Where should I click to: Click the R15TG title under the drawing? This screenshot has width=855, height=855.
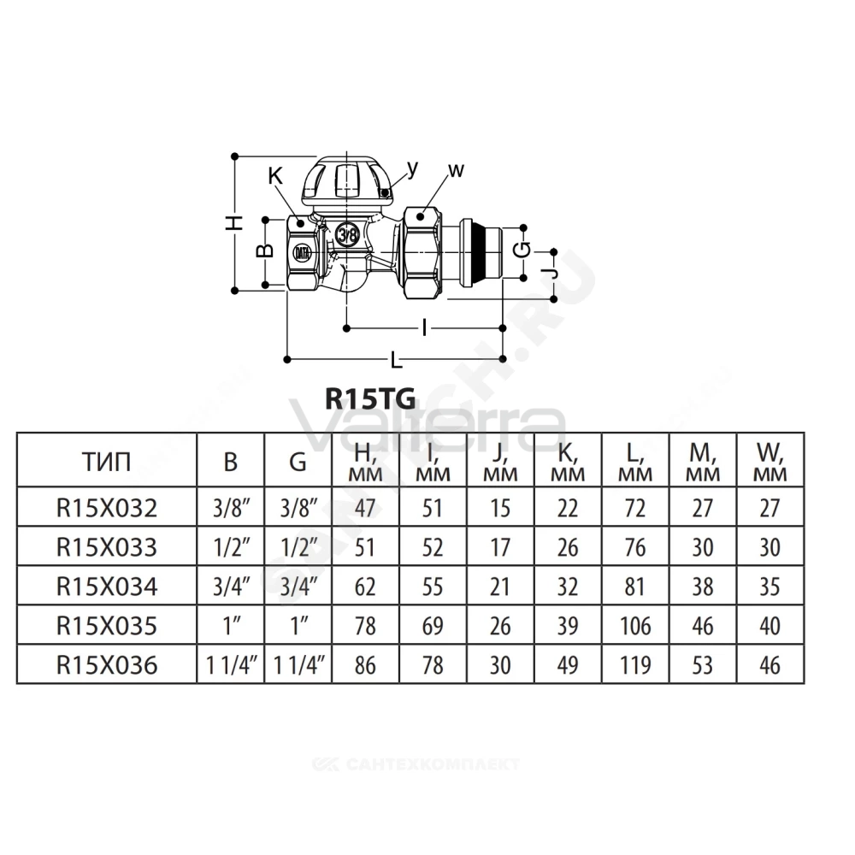370,398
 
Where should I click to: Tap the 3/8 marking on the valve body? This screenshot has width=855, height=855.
347,236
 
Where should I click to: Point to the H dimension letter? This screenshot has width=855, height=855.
234,222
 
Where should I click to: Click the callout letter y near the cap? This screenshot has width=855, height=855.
413,169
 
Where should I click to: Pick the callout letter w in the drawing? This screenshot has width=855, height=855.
456,170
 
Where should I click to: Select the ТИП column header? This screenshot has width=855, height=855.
107,463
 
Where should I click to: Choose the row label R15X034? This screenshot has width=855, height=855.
107,587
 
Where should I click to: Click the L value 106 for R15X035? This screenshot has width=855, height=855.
635,626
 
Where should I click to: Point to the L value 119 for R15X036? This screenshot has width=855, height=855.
635,665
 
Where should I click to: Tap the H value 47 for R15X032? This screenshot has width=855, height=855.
365,508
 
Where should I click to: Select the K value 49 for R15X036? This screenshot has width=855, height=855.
568,665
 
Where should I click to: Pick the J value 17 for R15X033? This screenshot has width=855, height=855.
500,547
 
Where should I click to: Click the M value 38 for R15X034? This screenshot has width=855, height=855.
702,587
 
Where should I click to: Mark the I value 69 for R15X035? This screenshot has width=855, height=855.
433,626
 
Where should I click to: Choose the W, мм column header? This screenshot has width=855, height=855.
770,462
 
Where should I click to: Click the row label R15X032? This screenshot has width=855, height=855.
107,508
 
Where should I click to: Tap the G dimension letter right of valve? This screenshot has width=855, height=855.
523,251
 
